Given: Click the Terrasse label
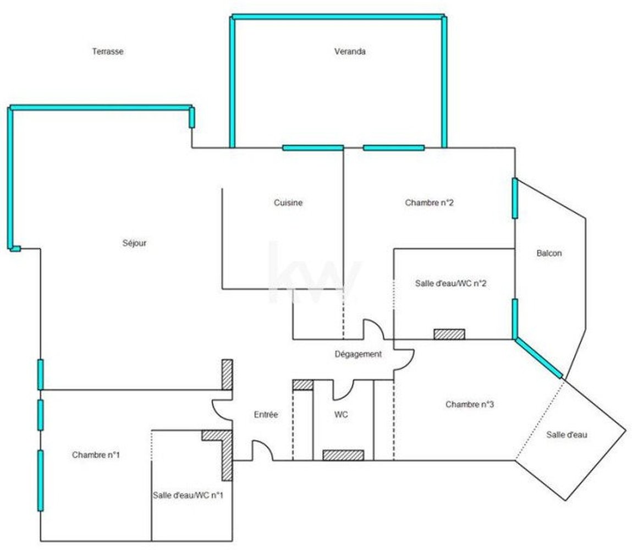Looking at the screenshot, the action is click(x=108, y=52).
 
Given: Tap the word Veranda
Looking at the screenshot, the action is click(x=350, y=52).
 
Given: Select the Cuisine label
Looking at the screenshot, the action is click(x=288, y=202).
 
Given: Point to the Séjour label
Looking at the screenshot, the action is click(x=135, y=243).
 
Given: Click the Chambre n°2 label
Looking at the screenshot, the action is click(x=429, y=202).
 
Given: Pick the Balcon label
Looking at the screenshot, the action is click(x=549, y=253).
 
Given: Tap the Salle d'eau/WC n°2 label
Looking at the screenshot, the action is click(x=450, y=283).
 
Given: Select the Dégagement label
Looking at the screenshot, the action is click(x=358, y=354).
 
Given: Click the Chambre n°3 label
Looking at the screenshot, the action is click(x=470, y=404).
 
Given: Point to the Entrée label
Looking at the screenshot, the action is click(x=266, y=415).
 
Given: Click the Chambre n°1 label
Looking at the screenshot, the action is click(x=96, y=455).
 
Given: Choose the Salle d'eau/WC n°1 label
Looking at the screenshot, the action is click(x=188, y=495).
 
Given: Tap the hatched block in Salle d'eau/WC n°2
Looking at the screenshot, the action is click(x=449, y=334).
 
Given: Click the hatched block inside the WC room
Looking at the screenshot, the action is click(x=343, y=455).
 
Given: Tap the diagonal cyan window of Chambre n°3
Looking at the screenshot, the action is click(x=538, y=358).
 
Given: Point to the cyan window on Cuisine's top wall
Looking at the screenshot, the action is click(x=313, y=148).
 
